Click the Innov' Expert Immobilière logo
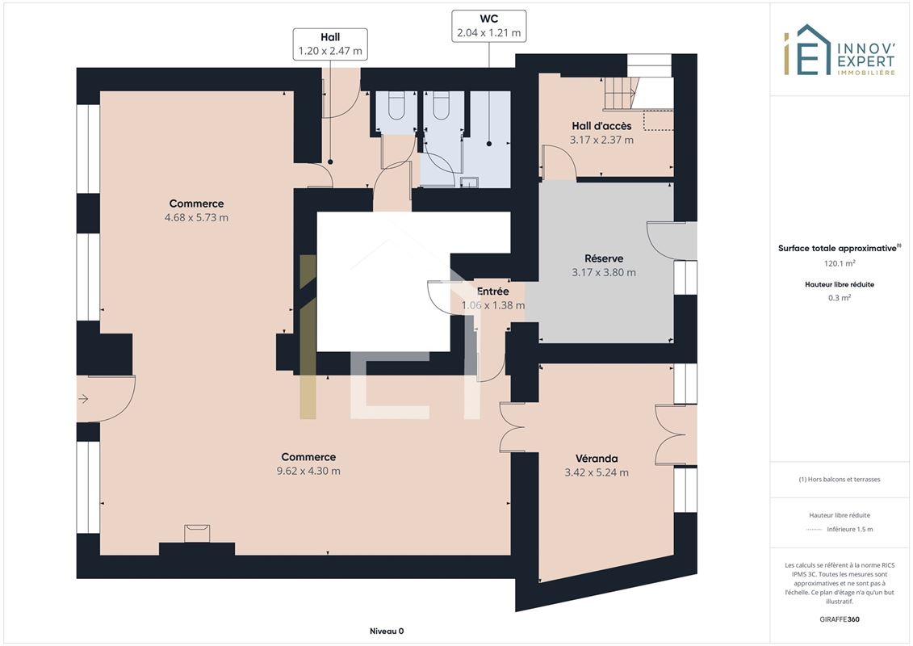839,50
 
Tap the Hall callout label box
330,44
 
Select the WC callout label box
489,26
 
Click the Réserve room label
604,258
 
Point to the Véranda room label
597,459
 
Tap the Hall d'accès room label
601,126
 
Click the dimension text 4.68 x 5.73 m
196,218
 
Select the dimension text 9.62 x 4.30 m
308,472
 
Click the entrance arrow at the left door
83,399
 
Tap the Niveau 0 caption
387,631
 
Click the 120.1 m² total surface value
839,263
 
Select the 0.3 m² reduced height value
839,298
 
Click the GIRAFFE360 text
839,619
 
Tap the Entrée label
492,292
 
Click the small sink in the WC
469,182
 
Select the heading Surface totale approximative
839,248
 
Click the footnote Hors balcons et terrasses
839,480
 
